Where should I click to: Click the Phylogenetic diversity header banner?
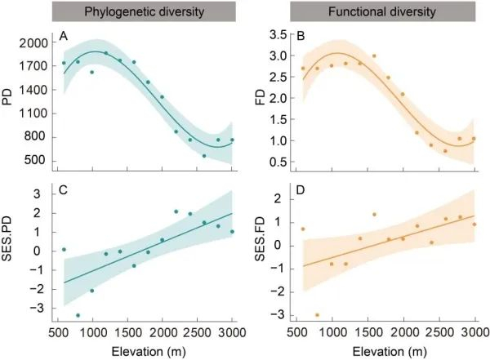pyautogui.click(x=144, y=11)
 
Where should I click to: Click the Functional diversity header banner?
pyautogui.click(x=382, y=11)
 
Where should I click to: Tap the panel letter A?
pyautogui.click(x=64, y=37)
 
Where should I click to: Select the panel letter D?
pyautogui.click(x=301, y=190)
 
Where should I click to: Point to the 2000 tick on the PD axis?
pyautogui.click(x=33, y=43)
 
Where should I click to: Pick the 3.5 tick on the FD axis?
pyautogui.click(x=278, y=34)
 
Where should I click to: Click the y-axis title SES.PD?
pyautogui.click(x=7, y=238)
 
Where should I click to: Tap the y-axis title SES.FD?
pyautogui.click(x=260, y=239)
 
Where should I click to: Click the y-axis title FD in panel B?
pyautogui.click(x=260, y=97)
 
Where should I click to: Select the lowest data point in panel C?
pyautogui.click(x=78, y=315)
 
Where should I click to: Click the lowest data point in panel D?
pyautogui.click(x=317, y=315)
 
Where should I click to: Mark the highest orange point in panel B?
pyautogui.click(x=374, y=56)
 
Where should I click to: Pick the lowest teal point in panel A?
pyautogui.click(x=204, y=156)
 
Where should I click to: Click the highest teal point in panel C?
pyautogui.click(x=176, y=211)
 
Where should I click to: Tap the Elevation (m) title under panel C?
pyautogui.click(x=149, y=352)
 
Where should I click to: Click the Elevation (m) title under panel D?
pyautogui.click(x=390, y=352)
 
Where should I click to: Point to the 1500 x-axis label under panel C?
pyautogui.click(x=127, y=333)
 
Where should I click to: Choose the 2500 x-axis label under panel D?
pyautogui.click(x=439, y=333)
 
